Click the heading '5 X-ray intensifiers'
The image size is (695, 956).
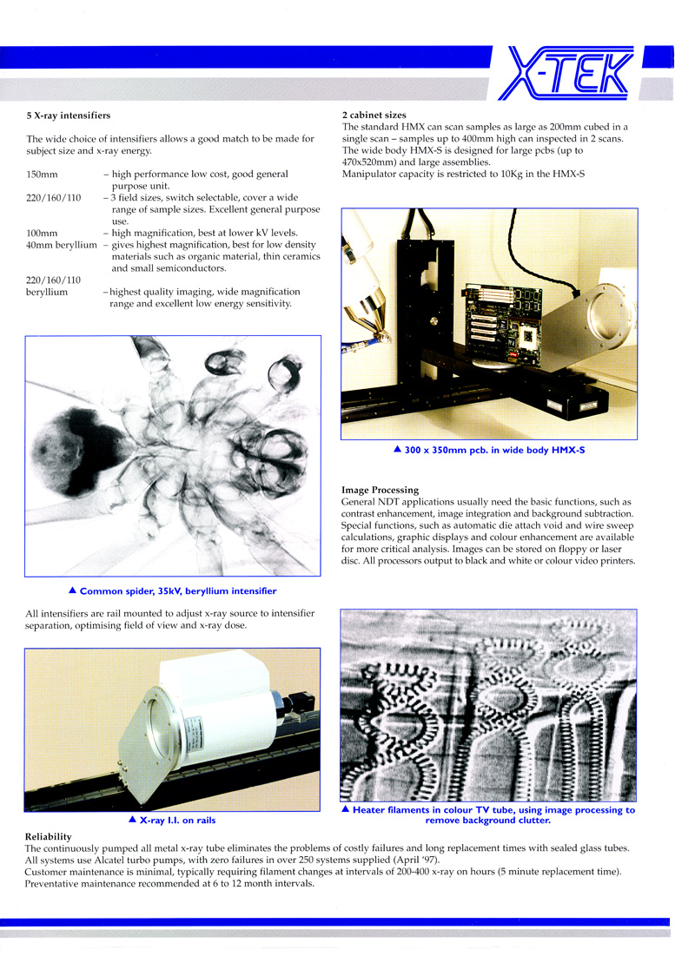click(68, 115)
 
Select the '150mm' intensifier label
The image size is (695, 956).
click(42, 175)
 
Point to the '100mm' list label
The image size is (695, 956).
click(42, 233)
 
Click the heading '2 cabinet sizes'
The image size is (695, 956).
click(374, 115)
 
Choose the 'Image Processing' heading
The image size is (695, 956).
click(381, 490)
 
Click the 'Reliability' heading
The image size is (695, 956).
click(49, 836)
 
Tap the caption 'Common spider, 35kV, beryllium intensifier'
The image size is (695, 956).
click(177, 590)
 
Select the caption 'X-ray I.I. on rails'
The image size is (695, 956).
click(177, 819)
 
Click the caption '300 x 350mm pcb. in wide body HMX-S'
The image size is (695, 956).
click(495, 450)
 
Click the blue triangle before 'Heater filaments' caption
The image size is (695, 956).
click(345, 809)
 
